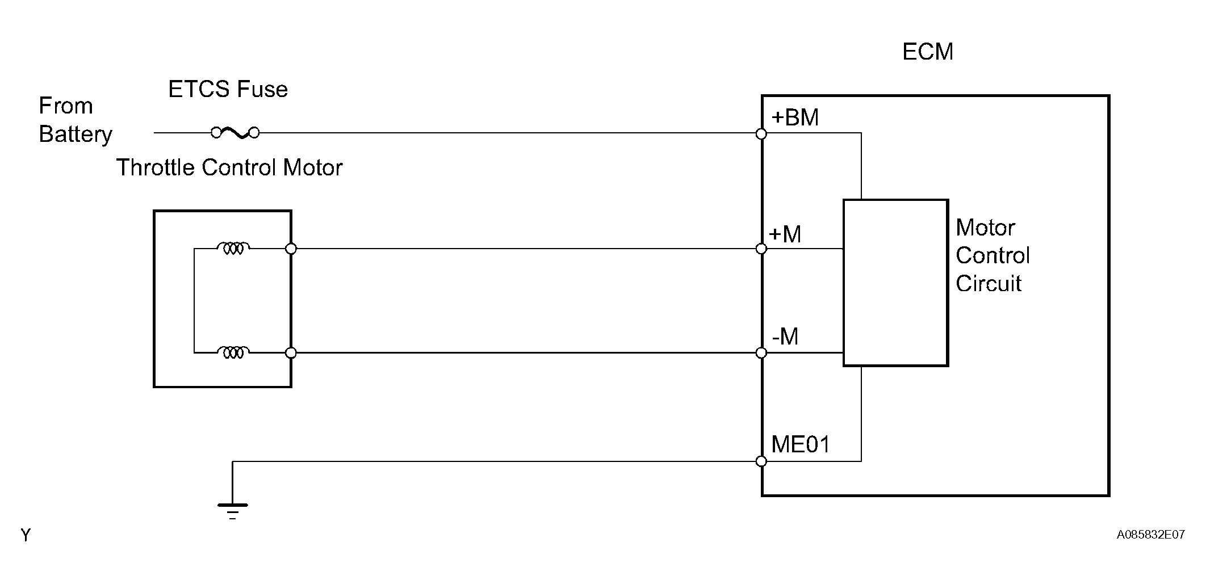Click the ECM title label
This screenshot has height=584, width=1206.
(x=928, y=52)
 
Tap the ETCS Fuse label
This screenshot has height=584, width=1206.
(x=228, y=89)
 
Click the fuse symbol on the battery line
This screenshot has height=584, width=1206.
(x=235, y=133)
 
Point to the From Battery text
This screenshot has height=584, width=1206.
(x=76, y=120)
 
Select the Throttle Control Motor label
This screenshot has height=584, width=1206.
(x=229, y=167)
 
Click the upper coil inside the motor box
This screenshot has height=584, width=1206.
(x=233, y=248)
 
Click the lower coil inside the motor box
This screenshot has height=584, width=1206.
(x=233, y=352)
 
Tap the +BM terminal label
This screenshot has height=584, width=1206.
(x=795, y=117)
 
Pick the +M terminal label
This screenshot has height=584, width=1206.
(x=785, y=234)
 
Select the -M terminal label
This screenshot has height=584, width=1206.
(x=785, y=337)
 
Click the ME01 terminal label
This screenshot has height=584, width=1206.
(x=801, y=444)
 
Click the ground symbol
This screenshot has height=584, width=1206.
(x=233, y=511)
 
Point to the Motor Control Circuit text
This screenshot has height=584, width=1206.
(x=993, y=255)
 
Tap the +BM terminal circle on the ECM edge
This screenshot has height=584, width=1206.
(x=761, y=134)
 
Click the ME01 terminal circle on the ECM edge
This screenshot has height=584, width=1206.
(x=761, y=461)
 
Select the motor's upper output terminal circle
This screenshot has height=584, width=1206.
(x=291, y=249)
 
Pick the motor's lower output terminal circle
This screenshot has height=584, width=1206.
(x=291, y=353)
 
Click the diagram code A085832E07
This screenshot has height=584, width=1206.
(x=1150, y=535)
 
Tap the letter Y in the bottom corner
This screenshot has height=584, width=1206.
(x=26, y=535)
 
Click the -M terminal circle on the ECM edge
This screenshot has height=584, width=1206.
(x=761, y=353)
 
